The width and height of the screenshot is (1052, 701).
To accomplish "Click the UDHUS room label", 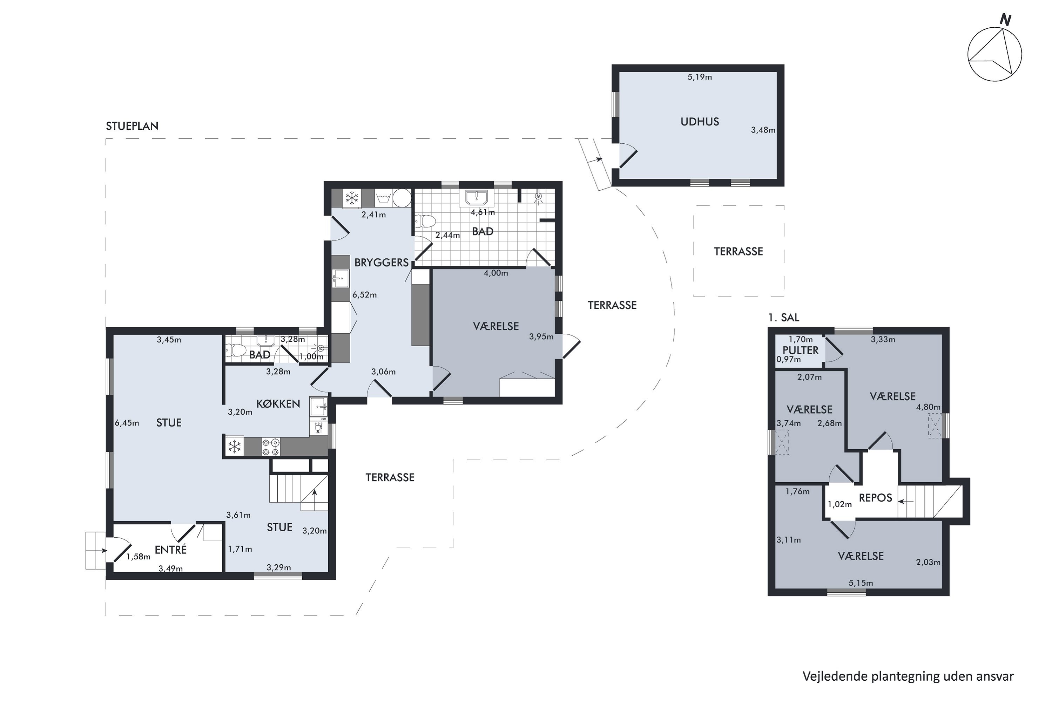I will click(700, 122).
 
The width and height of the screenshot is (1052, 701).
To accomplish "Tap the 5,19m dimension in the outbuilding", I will click(700, 77).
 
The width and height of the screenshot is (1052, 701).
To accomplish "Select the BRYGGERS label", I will click(381, 263).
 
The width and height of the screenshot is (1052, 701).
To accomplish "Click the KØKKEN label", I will click(278, 404).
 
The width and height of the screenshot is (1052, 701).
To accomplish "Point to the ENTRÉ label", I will click(170, 550).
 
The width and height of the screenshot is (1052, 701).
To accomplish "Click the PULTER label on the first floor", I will click(800, 350).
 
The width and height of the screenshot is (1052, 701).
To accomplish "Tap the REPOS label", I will click(875, 498).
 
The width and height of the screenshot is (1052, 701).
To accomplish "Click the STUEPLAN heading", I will click(132, 126).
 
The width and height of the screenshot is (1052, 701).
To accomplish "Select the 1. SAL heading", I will click(784, 318).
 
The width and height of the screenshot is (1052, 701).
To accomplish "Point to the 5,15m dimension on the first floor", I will click(861, 583).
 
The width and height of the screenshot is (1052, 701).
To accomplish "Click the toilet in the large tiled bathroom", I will click(424, 221).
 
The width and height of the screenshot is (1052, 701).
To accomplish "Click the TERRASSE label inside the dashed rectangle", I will click(738, 251).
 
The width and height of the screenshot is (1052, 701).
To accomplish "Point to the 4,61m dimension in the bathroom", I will click(483, 212).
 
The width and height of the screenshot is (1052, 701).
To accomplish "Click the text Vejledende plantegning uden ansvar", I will click(908, 676).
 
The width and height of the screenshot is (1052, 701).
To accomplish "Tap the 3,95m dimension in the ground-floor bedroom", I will click(541, 336).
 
